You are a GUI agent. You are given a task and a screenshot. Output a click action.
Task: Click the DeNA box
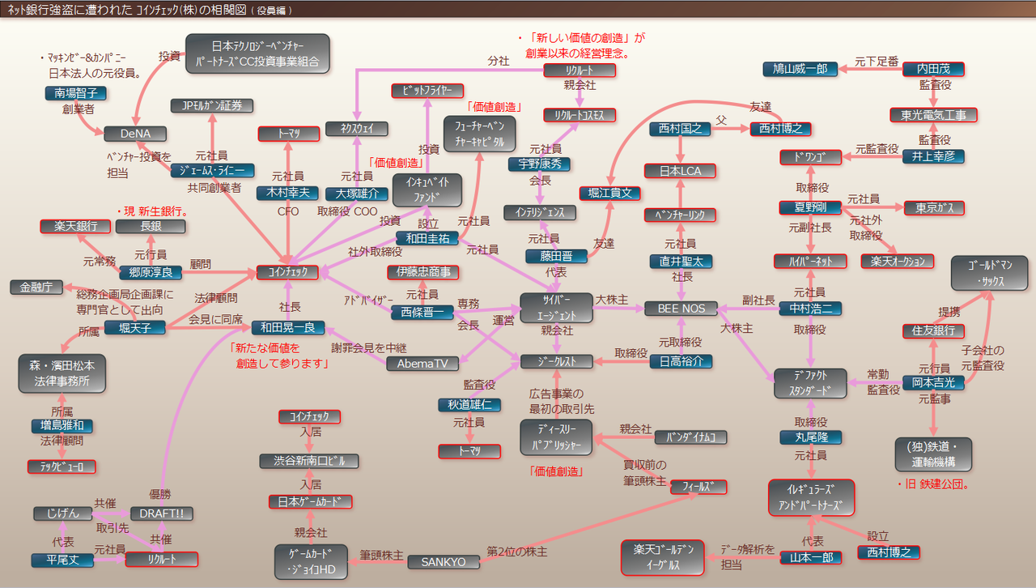click(x=135, y=133)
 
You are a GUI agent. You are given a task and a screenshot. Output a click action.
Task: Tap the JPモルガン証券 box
click(x=212, y=105)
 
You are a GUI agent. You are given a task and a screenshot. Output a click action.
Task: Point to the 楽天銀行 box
click(x=75, y=226)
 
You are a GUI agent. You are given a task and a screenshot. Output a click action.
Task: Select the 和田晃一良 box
click(x=287, y=327)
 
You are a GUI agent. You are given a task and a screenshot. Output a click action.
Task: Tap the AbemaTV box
click(x=422, y=364)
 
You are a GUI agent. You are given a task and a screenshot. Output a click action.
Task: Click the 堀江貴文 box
click(x=609, y=193)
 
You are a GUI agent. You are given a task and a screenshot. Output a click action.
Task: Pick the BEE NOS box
click(x=681, y=308)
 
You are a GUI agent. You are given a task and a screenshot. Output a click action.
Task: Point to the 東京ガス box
click(x=933, y=208)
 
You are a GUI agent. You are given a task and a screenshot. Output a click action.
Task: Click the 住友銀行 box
click(x=933, y=330)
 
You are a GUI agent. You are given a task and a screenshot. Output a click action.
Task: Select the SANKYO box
click(x=444, y=561)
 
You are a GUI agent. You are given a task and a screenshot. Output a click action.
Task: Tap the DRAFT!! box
click(x=162, y=513)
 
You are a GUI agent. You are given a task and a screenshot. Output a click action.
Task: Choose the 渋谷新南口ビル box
click(x=308, y=460)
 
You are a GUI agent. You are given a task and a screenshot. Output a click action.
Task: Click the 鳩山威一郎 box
click(x=800, y=69)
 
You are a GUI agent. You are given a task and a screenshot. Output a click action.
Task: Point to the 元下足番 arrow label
click(x=876, y=61)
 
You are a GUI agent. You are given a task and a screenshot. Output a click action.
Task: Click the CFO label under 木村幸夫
click(x=288, y=212)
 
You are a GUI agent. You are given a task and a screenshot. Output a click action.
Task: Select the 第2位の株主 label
click(x=516, y=552)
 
